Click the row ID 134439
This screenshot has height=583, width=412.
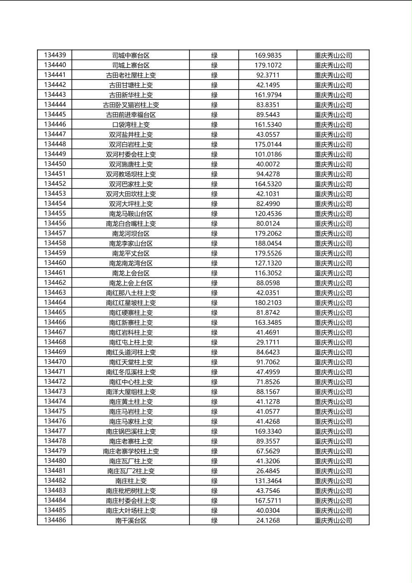point(55,55)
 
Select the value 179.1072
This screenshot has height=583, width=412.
point(268,65)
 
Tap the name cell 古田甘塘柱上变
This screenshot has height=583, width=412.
point(131,85)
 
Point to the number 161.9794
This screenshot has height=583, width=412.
point(268,95)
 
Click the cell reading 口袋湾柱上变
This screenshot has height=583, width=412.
point(131,125)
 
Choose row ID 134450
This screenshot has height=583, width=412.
point(55,164)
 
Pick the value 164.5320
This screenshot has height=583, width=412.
point(268,184)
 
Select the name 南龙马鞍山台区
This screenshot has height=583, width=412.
point(131,214)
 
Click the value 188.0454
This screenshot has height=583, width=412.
point(268,243)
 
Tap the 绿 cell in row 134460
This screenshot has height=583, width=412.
point(214,263)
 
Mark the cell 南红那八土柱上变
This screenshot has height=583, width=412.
point(131,293)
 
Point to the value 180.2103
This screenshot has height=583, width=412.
point(268,303)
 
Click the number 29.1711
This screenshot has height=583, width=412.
point(268,342)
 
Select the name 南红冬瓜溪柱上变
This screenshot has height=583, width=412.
point(131,372)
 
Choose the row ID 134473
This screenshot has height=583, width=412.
point(55,392)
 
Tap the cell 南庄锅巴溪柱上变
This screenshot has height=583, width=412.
point(131,431)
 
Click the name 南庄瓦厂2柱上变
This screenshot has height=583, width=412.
point(131,471)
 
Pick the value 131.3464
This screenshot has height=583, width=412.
point(268,481)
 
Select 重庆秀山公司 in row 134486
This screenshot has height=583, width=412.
point(333,521)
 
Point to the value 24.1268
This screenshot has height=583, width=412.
point(268,521)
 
